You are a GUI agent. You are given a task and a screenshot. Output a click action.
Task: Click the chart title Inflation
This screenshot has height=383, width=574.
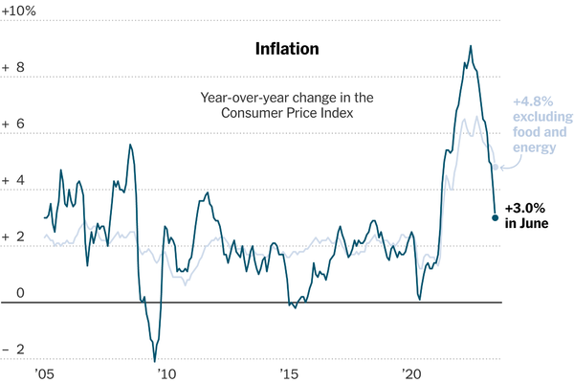(x=287, y=48)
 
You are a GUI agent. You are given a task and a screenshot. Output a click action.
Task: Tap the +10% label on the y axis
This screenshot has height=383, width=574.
(x=19, y=10)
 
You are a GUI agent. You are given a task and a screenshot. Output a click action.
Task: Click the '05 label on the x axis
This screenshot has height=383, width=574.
(x=43, y=373)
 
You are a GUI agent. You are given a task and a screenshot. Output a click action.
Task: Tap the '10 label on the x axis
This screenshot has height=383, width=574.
(x=166, y=373)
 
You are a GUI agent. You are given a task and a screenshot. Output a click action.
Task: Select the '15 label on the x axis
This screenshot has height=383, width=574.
(x=288, y=373)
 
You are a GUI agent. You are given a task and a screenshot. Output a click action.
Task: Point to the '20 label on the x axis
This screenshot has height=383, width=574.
(x=411, y=373)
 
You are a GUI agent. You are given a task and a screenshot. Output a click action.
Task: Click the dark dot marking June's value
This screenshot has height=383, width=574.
(x=495, y=218)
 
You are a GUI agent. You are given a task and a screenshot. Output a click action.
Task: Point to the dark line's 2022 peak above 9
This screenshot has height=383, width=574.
(x=470, y=46)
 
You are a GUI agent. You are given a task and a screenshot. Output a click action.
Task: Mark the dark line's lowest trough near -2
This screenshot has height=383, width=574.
(x=154, y=361)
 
